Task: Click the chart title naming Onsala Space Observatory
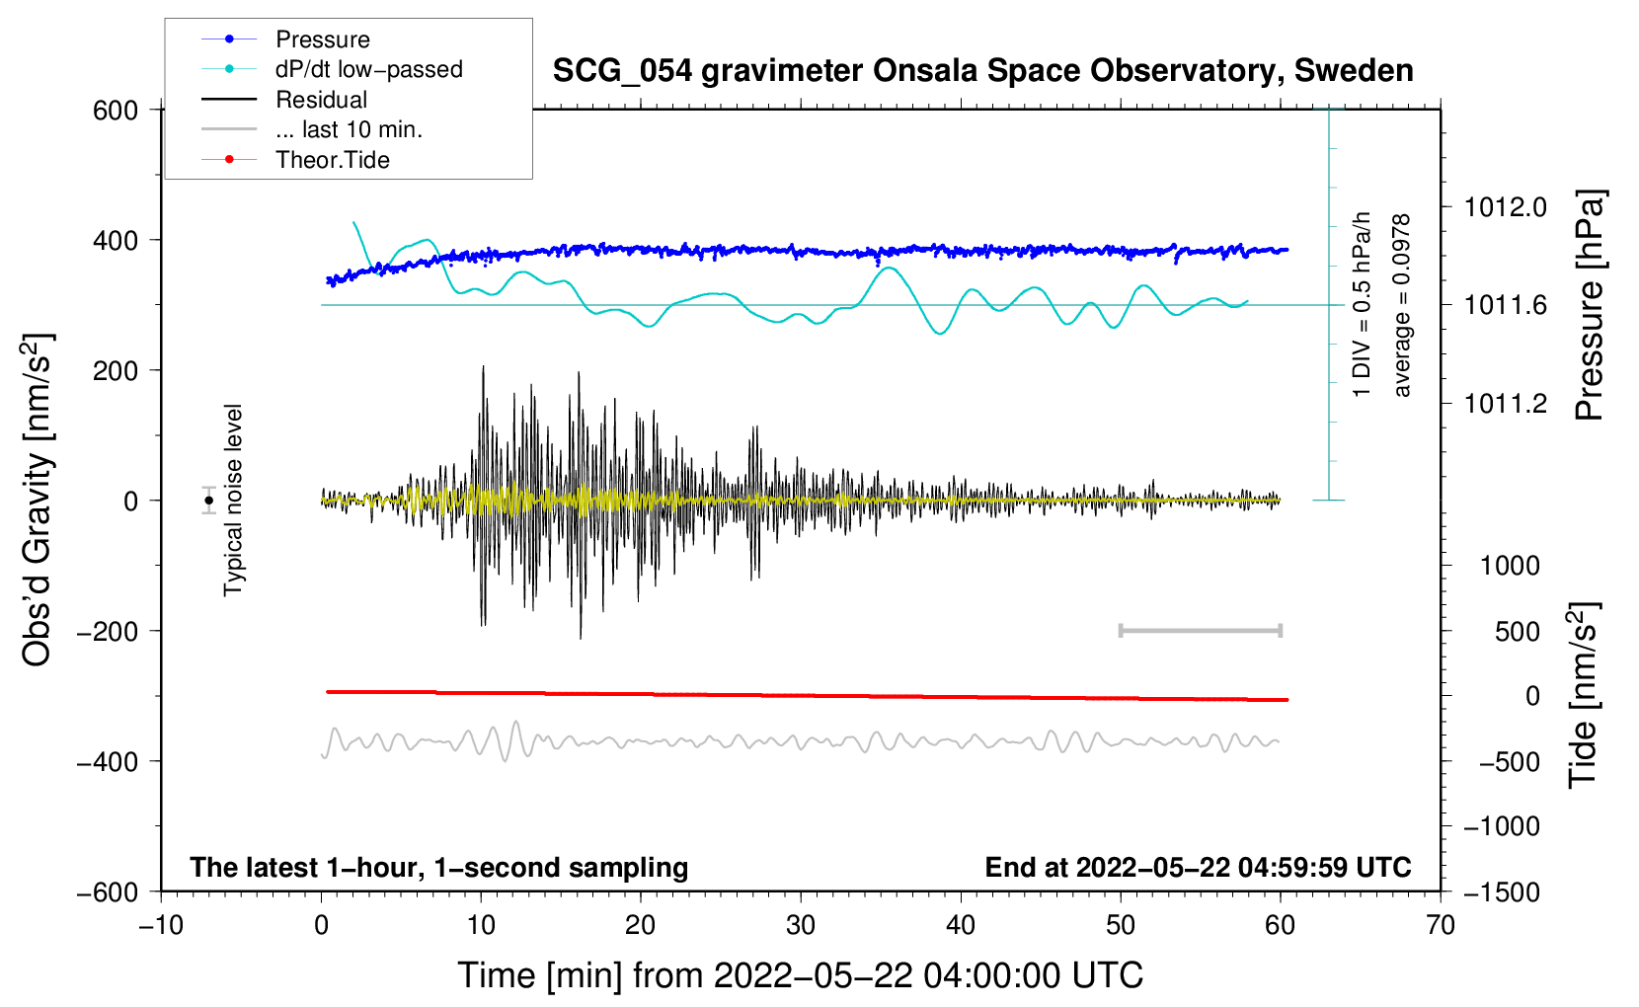coord(982,71)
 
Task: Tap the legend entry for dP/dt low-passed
coord(368,69)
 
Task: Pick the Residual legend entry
coord(321,100)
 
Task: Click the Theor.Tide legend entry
coord(332,160)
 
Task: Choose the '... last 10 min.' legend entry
coord(349,129)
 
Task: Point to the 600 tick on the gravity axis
coord(116,111)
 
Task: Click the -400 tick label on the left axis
coord(108,761)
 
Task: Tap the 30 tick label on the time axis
coord(801,925)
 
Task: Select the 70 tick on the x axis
coord(1441,925)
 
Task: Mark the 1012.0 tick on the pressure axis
coord(1505,207)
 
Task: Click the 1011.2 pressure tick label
coord(1505,403)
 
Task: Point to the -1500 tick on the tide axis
coord(1501,891)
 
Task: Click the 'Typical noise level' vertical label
coord(233,501)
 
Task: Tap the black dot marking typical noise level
coord(208,501)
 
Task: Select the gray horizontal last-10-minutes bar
coord(1201,630)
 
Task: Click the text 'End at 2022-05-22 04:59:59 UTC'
coord(1198,867)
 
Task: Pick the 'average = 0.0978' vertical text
coord(1402,305)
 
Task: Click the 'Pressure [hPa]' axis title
coord(1589,305)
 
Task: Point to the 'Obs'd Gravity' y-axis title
coord(38,501)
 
